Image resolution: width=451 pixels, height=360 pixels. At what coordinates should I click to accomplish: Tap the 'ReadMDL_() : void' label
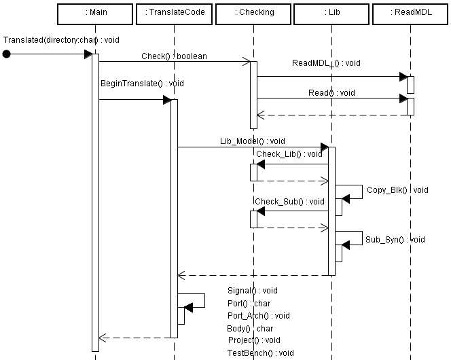(x=326, y=63)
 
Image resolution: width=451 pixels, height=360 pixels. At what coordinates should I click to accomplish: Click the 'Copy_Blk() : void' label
(x=397, y=190)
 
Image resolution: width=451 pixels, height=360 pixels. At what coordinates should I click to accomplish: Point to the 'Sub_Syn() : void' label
(x=395, y=239)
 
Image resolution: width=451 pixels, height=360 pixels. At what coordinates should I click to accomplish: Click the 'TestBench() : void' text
(x=261, y=353)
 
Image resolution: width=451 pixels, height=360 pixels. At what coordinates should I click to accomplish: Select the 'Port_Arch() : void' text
(x=259, y=315)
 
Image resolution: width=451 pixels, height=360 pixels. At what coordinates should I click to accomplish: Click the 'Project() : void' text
(x=254, y=340)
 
